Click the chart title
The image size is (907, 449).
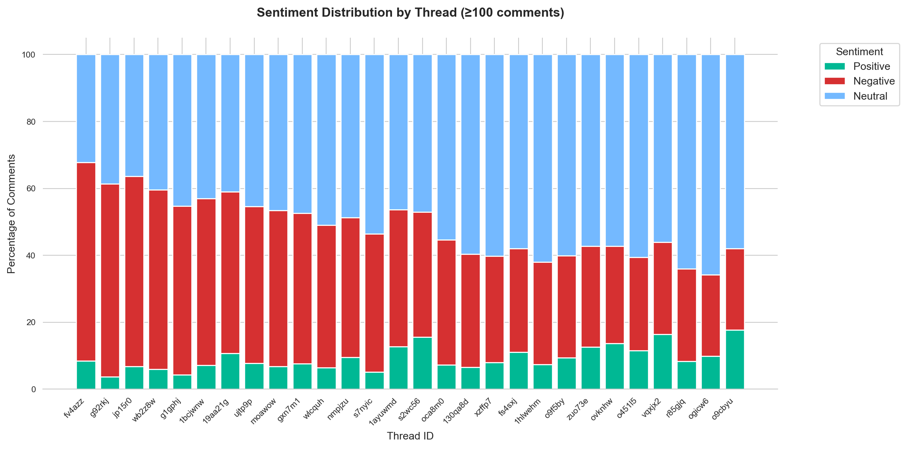click(x=410, y=13)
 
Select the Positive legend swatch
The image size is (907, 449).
click(x=835, y=66)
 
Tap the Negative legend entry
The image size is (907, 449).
click(x=874, y=81)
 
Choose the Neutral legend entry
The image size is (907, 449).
click(x=870, y=96)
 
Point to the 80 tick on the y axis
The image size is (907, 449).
click(x=31, y=122)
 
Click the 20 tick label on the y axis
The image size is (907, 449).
click(x=31, y=322)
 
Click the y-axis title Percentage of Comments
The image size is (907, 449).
click(x=12, y=214)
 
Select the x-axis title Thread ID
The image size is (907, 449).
click(x=410, y=436)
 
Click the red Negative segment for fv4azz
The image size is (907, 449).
click(x=86, y=262)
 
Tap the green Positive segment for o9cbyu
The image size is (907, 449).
click(x=735, y=359)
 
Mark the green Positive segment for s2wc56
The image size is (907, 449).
click(x=423, y=363)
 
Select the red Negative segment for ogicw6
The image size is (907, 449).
click(x=711, y=316)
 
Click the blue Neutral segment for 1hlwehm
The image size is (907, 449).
click(x=543, y=158)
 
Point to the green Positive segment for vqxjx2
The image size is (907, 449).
click(x=663, y=361)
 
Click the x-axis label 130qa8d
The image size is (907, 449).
click(x=456, y=410)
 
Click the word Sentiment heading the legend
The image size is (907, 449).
click(x=859, y=52)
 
